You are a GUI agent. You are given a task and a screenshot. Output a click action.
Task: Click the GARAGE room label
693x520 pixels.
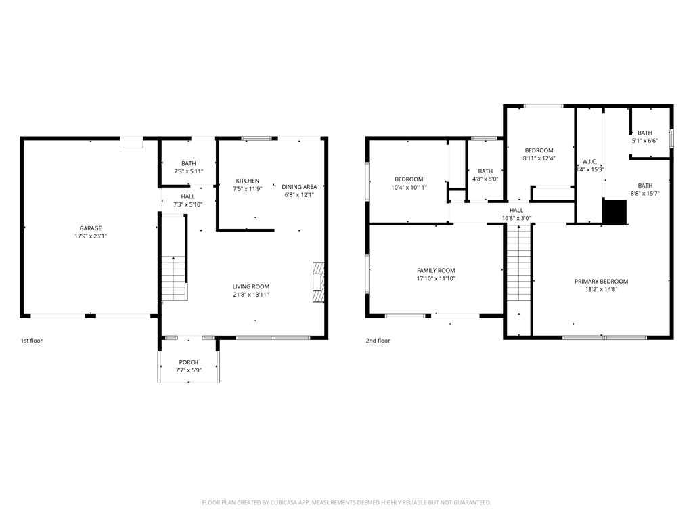coord(91,228)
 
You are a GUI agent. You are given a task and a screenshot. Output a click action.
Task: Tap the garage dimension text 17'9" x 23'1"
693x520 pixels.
coord(91,236)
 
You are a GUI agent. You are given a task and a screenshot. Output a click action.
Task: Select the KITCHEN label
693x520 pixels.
coord(248,181)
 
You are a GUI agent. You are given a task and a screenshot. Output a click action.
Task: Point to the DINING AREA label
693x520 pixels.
coord(299,187)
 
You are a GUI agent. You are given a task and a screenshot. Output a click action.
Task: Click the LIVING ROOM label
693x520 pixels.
coord(251,286)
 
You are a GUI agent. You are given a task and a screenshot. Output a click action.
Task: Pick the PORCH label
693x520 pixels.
coord(189,362)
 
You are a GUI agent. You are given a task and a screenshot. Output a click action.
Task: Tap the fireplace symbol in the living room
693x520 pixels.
coord(319,282)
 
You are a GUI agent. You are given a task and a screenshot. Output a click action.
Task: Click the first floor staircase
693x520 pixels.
coord(173,278)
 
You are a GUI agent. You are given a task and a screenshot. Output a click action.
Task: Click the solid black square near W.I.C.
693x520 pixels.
coord(615,212)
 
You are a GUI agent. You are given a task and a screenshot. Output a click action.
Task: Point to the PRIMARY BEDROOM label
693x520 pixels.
coord(601,281)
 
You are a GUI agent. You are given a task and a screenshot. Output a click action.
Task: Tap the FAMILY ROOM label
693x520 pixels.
coord(436,271)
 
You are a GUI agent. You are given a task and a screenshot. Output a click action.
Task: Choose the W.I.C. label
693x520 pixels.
coord(589,161)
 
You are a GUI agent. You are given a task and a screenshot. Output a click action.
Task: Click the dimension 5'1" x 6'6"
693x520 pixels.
coord(645,141)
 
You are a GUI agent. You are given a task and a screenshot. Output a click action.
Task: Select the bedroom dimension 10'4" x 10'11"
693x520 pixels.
coord(409,188)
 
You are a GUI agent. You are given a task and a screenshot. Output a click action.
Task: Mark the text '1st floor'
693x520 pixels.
coord(32,341)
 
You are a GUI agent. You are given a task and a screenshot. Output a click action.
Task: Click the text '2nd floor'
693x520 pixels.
coord(378,341)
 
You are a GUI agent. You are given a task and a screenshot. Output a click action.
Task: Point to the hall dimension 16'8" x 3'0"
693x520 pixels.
coord(516,219)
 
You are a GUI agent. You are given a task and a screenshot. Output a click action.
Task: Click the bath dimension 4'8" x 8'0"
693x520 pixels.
coord(485,179)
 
